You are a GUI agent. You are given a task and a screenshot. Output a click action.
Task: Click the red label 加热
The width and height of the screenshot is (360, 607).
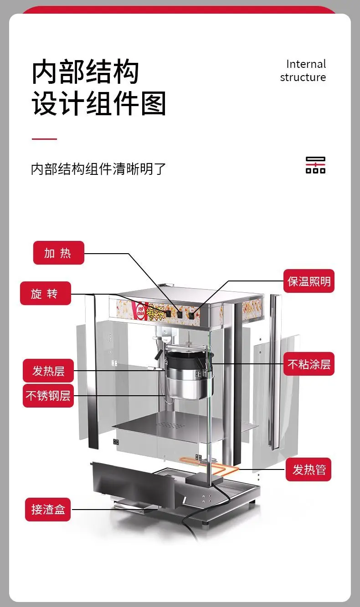click(58, 253)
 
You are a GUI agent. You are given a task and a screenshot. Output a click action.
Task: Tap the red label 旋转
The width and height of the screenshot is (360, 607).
click(45, 293)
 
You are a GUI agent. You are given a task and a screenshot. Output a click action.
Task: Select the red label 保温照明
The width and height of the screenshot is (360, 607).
click(309, 281)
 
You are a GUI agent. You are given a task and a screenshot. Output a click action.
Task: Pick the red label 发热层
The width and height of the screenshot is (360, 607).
click(48, 371)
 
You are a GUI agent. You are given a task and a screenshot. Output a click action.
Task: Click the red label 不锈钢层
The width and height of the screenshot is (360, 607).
click(48, 396)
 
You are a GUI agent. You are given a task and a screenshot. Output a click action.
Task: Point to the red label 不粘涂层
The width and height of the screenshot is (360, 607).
click(309, 364)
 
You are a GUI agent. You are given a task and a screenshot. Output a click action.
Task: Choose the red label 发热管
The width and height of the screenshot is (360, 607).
click(309, 469)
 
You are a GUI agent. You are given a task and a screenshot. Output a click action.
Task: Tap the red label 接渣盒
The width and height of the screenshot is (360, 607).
click(47, 509)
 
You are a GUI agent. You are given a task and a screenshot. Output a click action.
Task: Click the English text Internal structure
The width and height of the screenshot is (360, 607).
click(303, 71)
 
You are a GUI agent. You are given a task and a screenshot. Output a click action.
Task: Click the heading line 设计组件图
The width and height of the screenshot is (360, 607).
click(99, 103)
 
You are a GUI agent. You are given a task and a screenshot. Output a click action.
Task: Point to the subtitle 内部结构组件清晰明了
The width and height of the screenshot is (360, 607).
click(98, 169)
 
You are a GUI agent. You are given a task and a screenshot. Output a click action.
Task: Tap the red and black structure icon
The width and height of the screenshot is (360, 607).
click(315, 165)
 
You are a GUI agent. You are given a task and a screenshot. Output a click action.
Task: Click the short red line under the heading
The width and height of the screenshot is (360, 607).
click(44, 139)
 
